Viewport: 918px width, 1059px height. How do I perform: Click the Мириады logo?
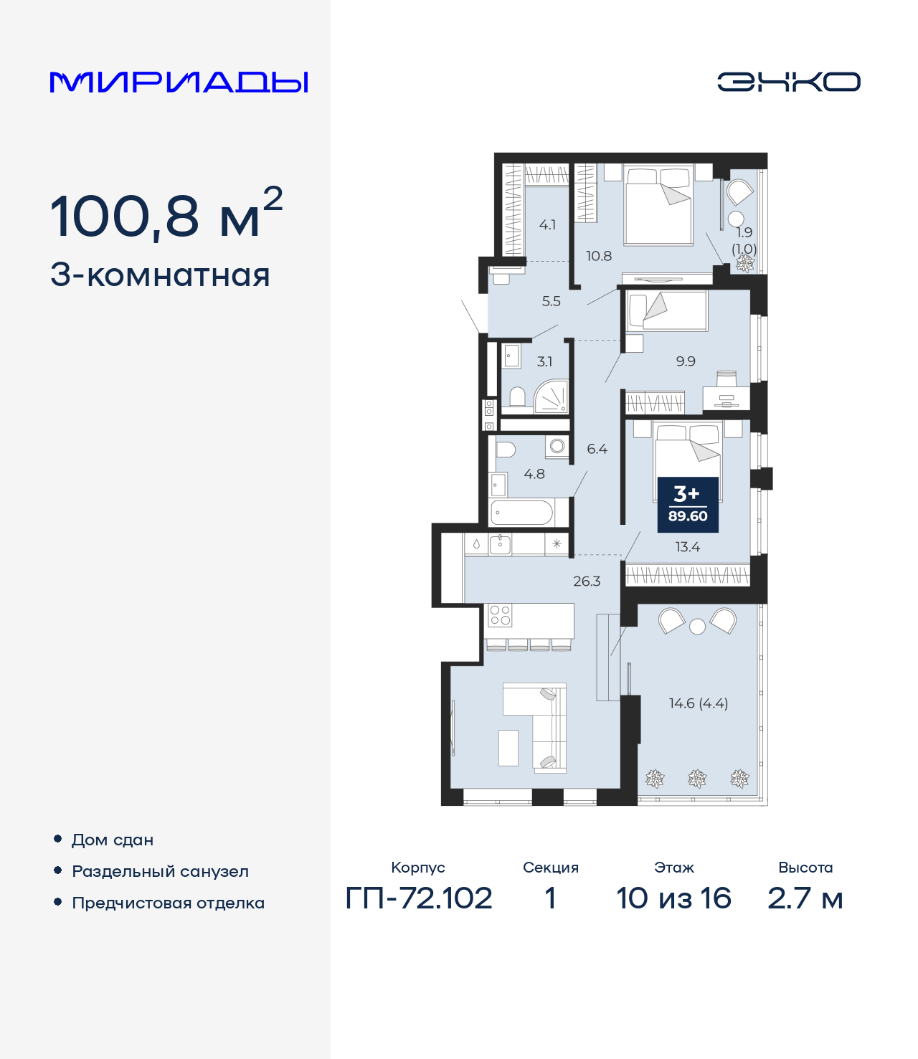pos(179,82)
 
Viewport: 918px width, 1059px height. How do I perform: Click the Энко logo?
pos(788,82)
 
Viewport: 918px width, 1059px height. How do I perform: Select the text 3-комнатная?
pos(160,275)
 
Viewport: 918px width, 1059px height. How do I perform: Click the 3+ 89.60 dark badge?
pos(688,505)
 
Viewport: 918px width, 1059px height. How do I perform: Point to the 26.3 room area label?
pos(587,581)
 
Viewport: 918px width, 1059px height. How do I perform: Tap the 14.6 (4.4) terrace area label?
pos(698,703)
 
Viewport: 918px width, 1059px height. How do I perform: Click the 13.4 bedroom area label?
pos(687,547)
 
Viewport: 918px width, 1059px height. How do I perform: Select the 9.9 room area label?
pos(686,361)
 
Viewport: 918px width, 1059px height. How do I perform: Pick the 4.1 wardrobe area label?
pos(547,225)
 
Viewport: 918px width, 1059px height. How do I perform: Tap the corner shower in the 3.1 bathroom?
pos(552,398)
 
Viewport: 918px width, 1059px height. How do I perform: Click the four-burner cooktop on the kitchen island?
pos(500,615)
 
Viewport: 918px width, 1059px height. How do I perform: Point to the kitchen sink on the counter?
pos(500,544)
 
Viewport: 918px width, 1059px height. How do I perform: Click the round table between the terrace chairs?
pos(697,627)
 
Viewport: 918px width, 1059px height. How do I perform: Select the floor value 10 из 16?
pos(673,898)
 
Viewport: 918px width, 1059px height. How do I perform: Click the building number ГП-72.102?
pos(419,898)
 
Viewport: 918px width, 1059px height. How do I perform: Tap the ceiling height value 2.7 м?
pos(805,898)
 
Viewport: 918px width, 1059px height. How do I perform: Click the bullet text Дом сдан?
pos(113,840)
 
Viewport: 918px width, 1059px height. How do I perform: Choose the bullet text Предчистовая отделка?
pos(168,903)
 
